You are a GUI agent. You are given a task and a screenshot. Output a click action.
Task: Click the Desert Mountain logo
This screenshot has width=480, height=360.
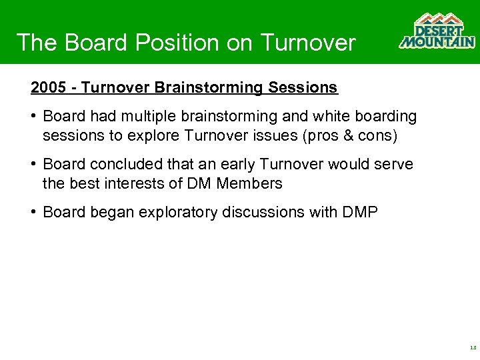tap(437, 31)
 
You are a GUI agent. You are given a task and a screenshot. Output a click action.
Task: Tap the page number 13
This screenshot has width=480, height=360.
tap(472, 348)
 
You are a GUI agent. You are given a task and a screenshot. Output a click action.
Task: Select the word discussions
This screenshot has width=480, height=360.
tap(265, 213)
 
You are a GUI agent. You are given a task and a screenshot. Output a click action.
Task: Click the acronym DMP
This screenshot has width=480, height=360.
tap(361, 213)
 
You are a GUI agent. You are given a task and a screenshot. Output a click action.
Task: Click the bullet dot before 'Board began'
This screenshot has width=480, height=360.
tap(33, 213)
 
